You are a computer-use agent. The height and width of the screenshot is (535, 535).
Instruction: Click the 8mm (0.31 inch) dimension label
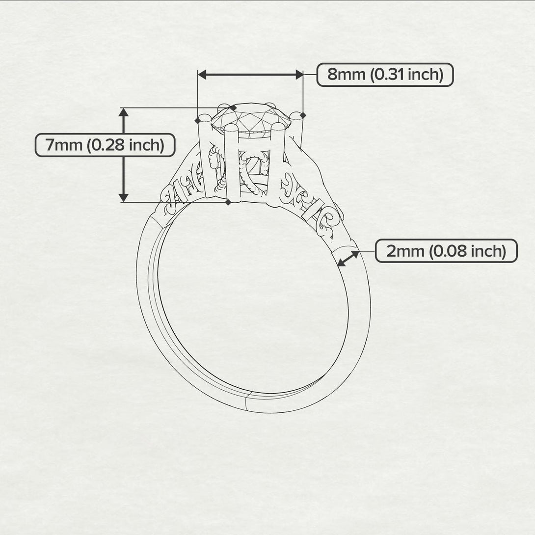tap(385, 75)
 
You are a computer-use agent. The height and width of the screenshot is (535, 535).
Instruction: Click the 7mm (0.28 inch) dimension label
tap(105, 145)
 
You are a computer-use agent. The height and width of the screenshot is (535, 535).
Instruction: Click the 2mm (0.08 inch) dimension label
tap(446, 251)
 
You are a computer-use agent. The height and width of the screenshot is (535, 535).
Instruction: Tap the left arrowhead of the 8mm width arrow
tap(202, 75)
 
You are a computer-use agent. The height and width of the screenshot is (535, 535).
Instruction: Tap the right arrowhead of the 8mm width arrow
tap(299, 75)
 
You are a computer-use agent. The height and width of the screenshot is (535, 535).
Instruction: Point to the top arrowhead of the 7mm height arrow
tap(124, 112)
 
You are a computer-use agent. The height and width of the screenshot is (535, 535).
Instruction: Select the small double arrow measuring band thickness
tap(348, 258)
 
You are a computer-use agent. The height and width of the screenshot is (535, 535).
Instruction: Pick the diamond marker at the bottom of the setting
tap(228, 202)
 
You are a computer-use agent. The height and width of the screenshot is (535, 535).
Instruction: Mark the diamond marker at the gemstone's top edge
tap(233, 108)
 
